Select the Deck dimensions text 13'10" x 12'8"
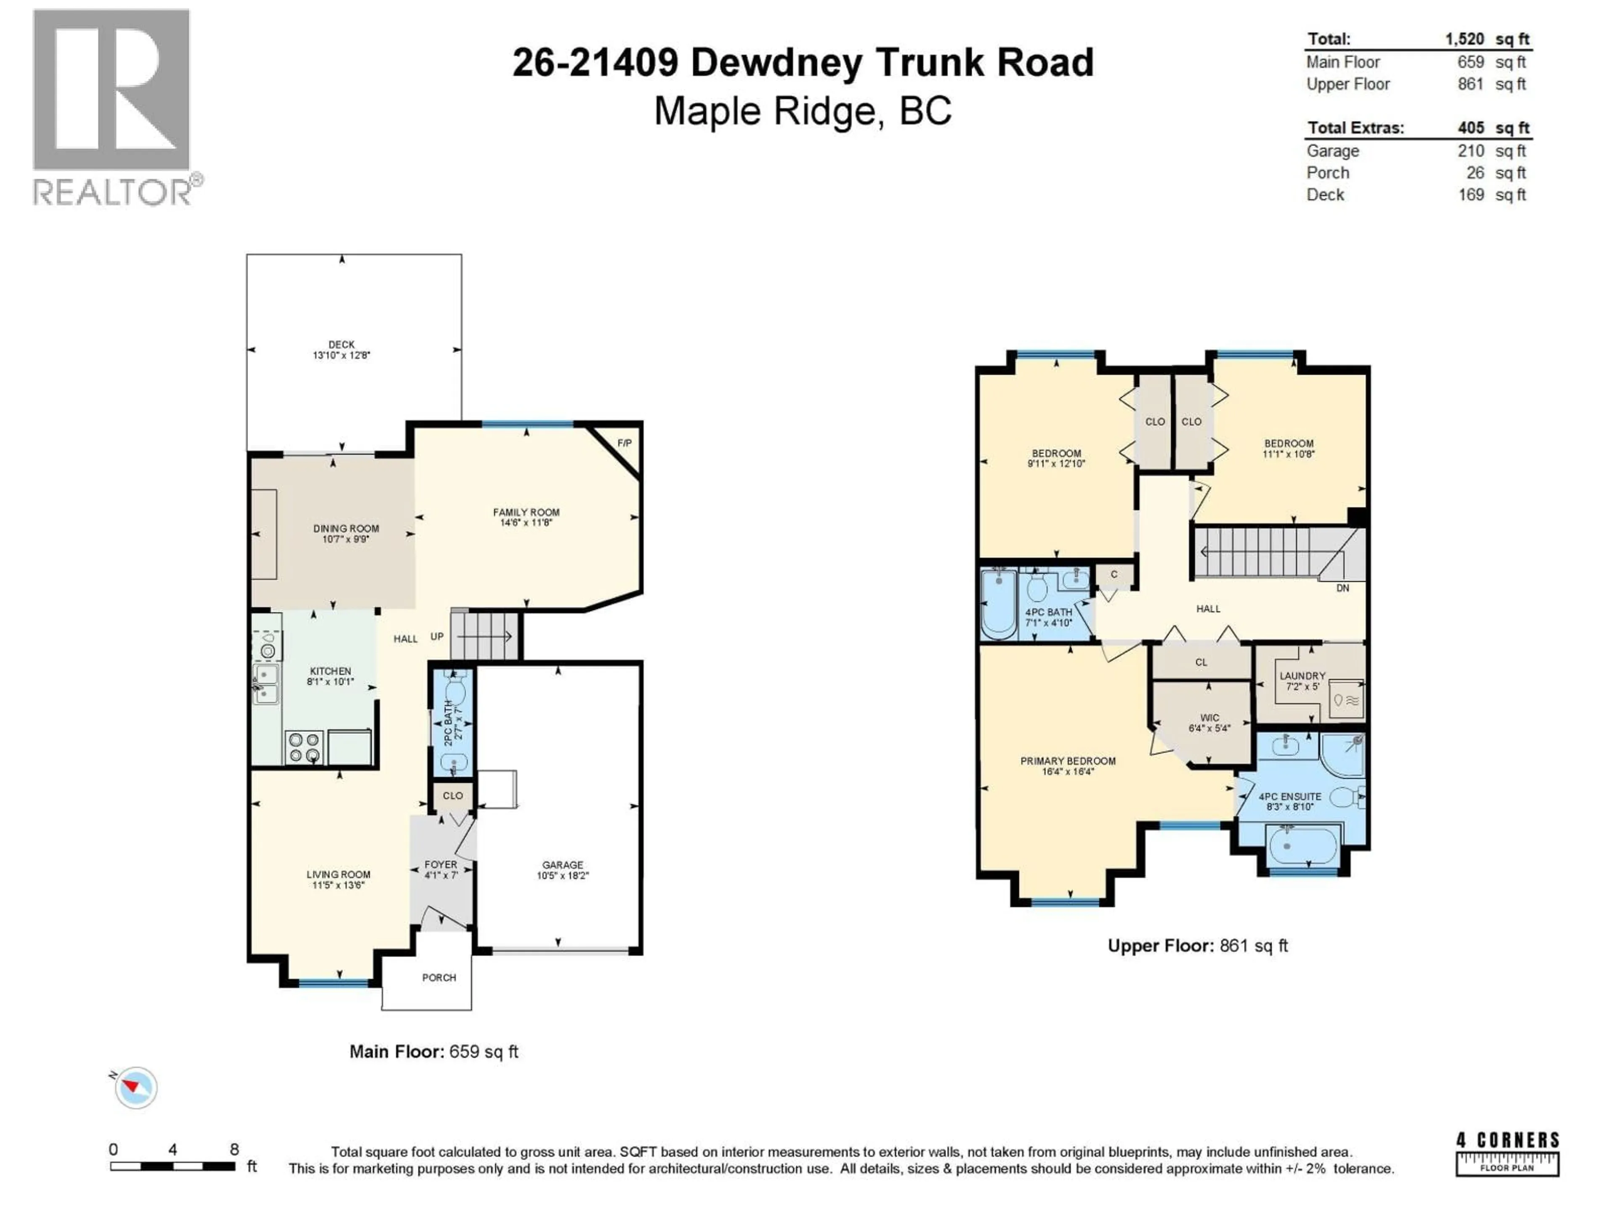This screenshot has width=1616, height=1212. point(341,355)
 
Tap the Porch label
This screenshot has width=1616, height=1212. point(439,978)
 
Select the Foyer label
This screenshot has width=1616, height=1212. point(441,864)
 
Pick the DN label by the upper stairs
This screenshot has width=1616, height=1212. point(1342,588)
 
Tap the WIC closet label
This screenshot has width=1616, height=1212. point(1209,718)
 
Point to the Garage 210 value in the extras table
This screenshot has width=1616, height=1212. point(1471,151)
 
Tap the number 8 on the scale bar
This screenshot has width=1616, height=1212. point(234,1149)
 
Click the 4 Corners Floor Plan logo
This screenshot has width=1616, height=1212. point(1507,1153)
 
